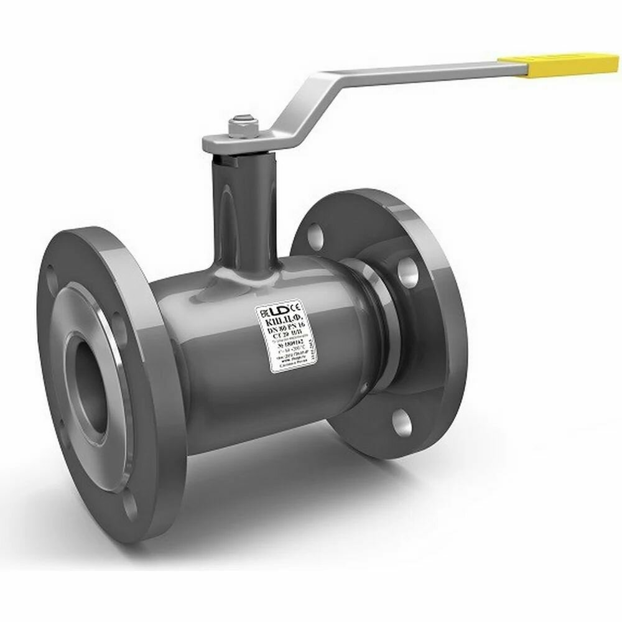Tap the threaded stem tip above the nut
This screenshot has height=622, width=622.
point(239,118)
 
